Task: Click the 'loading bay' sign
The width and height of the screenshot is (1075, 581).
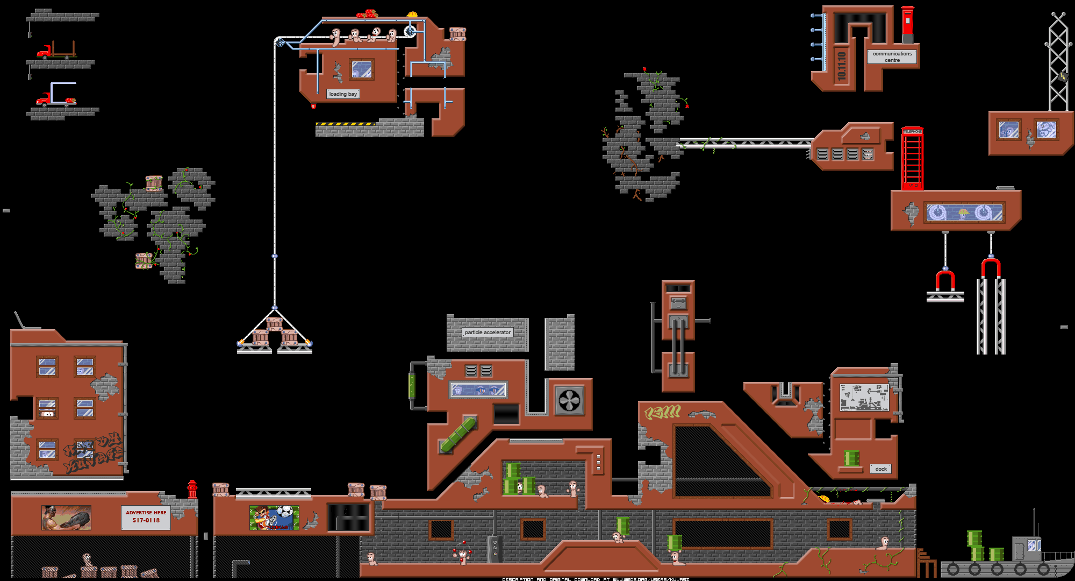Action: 343,94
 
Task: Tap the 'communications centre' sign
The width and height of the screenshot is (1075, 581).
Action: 892,56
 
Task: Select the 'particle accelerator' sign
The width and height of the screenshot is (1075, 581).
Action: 488,332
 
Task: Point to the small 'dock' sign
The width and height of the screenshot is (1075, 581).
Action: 880,469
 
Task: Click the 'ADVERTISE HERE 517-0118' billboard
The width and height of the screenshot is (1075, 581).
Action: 146,517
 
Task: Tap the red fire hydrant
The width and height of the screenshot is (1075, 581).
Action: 192,489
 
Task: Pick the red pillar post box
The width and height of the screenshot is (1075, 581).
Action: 907,24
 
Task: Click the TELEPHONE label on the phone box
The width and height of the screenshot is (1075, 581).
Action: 912,131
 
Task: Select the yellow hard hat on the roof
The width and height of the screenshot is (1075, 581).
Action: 412,15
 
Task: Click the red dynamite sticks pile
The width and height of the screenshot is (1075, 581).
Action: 368,13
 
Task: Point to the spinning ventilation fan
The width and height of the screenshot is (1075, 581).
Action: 570,400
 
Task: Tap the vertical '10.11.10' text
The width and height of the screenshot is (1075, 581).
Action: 842,66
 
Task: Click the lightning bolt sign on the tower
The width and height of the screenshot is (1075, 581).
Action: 1063,76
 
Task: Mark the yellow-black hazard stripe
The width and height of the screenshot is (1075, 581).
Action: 345,124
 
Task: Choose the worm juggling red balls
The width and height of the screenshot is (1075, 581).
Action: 462,554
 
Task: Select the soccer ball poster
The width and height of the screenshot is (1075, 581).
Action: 274,518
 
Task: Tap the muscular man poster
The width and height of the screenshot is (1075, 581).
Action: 66,518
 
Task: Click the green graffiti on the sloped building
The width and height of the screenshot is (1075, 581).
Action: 663,413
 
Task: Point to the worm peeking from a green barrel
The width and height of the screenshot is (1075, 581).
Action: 520,487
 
